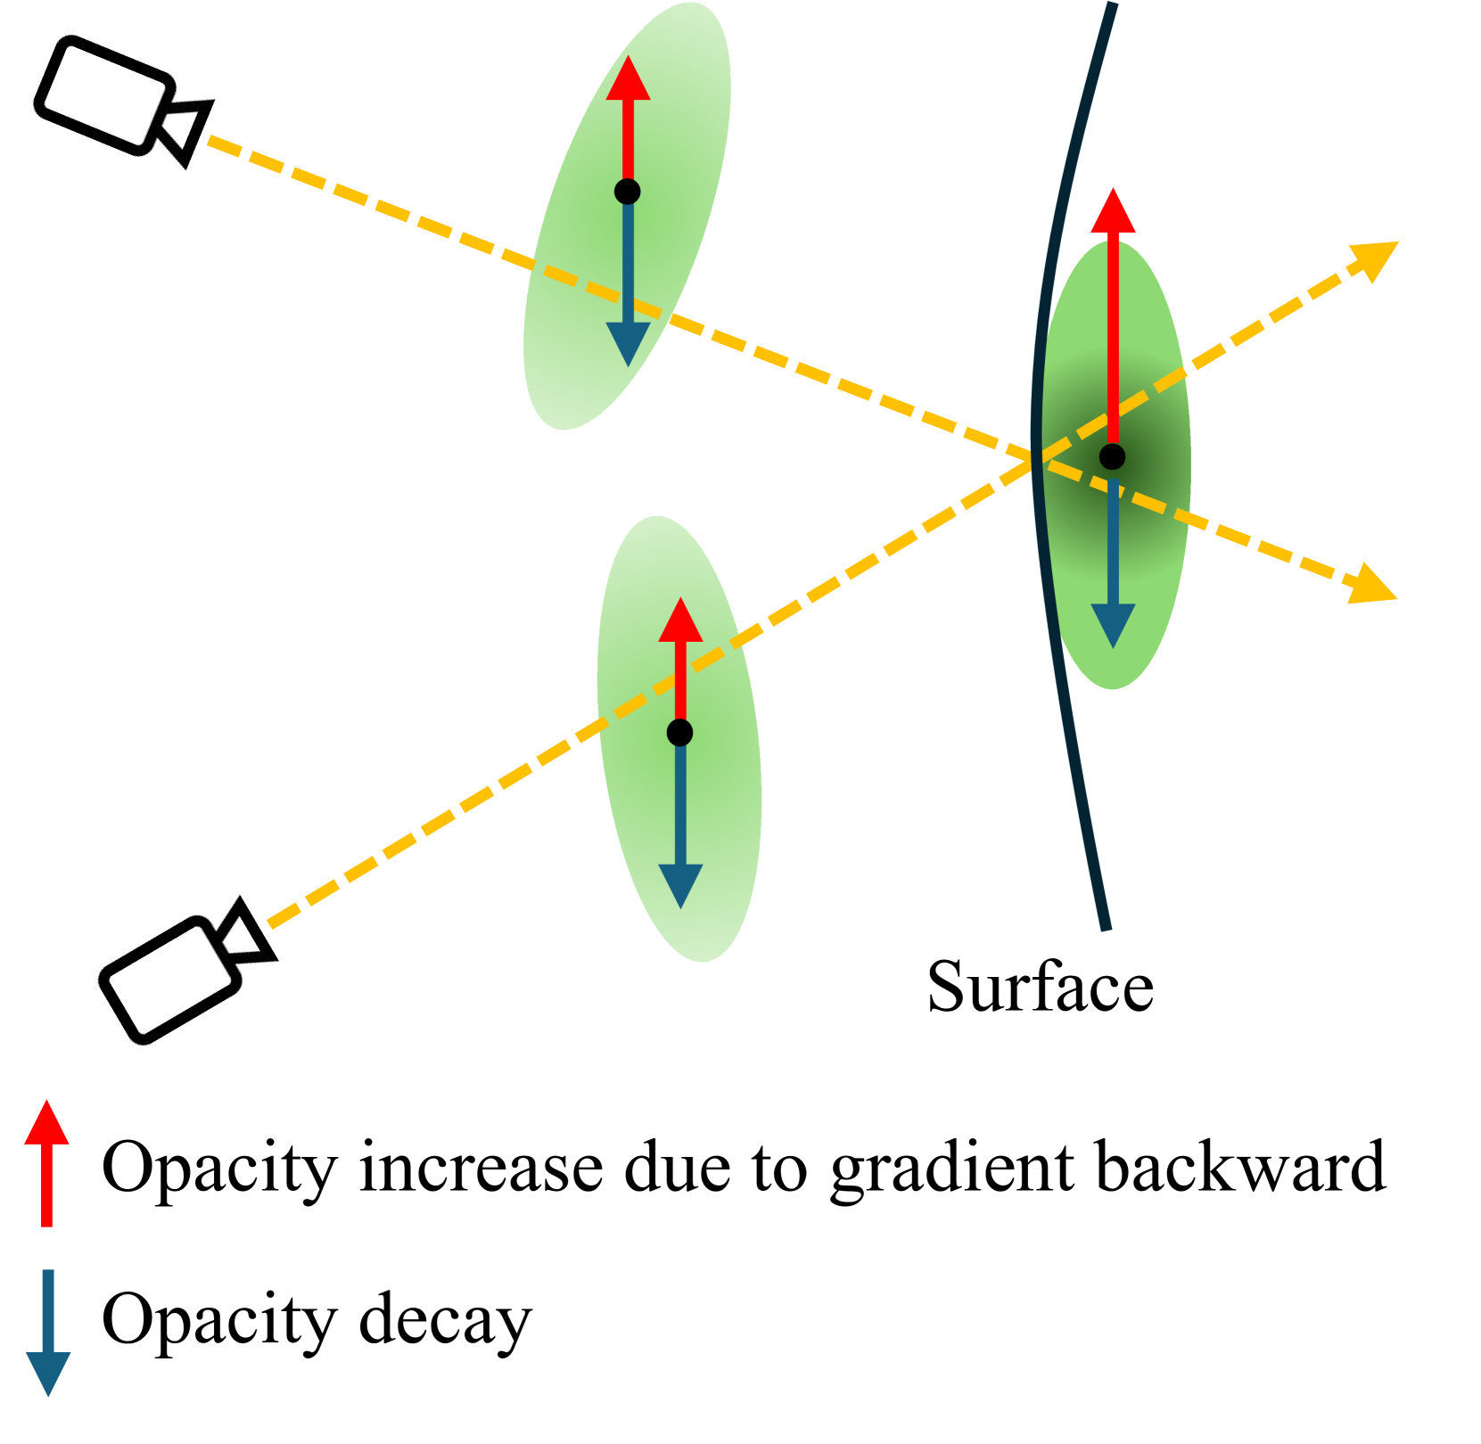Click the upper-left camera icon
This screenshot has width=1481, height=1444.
[123, 103]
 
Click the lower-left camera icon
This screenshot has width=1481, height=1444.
[188, 971]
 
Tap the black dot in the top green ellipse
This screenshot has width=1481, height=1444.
[628, 192]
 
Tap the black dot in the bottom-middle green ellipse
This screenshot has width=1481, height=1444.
[679, 733]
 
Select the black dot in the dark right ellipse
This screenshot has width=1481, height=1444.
[1112, 457]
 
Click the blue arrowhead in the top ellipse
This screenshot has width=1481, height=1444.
[628, 343]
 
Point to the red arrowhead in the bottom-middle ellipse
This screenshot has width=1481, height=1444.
[680, 621]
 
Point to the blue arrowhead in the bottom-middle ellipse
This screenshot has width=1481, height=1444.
[680, 885]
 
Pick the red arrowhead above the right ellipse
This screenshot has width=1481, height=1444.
[1113, 212]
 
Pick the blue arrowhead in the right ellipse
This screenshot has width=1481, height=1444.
[1113, 624]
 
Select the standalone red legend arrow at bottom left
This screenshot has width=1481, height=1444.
[47, 1162]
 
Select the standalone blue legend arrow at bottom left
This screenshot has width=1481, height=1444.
[48, 1333]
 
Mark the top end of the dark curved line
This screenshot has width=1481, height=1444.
[1112, 5]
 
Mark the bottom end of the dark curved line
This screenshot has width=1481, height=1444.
[1107, 928]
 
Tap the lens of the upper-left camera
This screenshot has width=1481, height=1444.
[189, 125]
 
